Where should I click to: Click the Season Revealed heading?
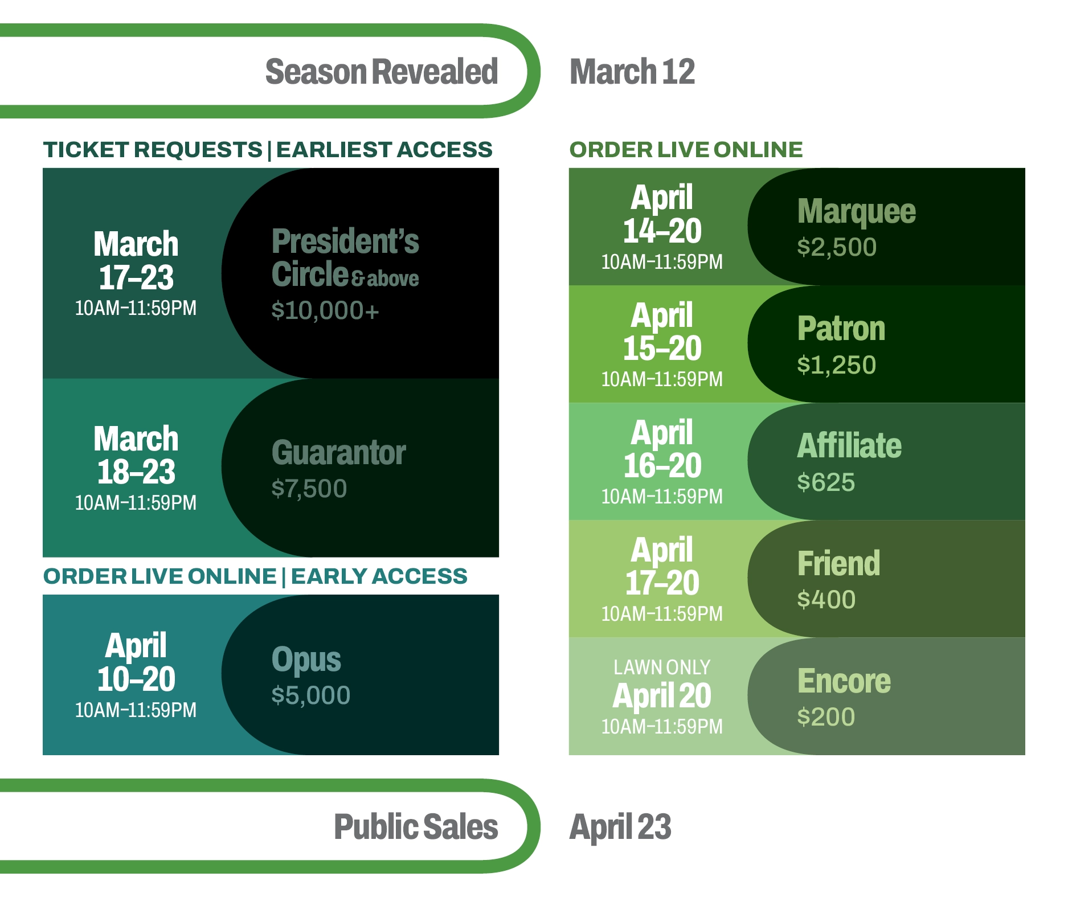click(382, 72)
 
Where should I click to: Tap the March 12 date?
click(632, 72)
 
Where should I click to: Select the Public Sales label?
click(416, 828)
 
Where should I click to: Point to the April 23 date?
click(620, 828)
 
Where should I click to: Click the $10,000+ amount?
click(325, 310)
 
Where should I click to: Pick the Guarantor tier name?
click(338, 453)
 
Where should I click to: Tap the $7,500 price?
click(309, 489)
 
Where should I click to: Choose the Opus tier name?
click(306, 660)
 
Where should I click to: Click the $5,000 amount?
click(310, 695)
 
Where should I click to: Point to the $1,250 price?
click(836, 365)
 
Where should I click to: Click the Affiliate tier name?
click(849, 445)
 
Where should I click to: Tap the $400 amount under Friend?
click(826, 600)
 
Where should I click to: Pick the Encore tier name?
click(844, 681)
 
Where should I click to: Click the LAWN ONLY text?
click(662, 667)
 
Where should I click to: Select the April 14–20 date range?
click(662, 214)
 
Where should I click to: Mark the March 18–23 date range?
click(136, 455)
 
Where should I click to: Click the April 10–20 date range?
click(136, 662)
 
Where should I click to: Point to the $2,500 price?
click(837, 247)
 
